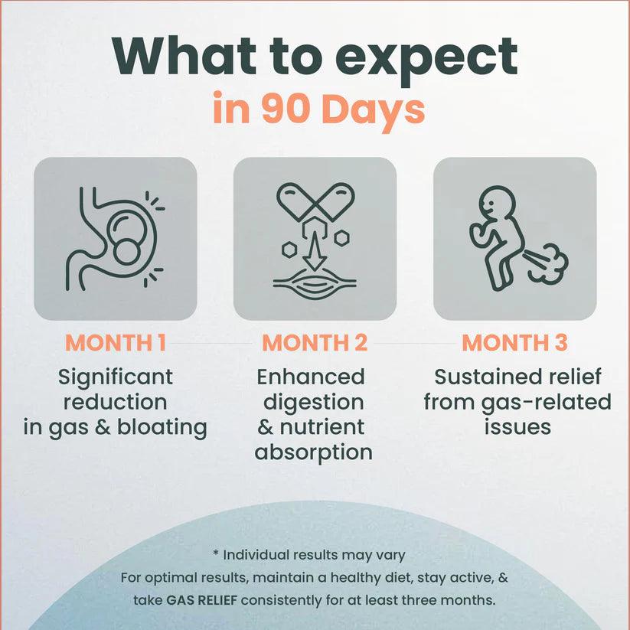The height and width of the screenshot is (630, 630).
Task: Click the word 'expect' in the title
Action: click(x=429, y=60)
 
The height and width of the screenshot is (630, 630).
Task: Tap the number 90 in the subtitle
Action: click(x=286, y=109)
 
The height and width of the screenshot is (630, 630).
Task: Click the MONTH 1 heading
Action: click(x=116, y=343)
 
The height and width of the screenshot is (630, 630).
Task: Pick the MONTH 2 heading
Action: click(x=315, y=343)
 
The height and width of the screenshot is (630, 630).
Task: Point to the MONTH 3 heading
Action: click(x=514, y=343)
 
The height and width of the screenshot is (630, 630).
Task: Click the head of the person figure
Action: click(x=498, y=204)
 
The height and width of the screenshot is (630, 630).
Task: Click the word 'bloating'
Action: click(x=162, y=426)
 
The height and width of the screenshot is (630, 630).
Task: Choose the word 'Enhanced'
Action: click(x=311, y=377)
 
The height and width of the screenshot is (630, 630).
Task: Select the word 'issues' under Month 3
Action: click(x=517, y=426)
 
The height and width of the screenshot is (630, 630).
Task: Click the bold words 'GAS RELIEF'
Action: click(x=201, y=600)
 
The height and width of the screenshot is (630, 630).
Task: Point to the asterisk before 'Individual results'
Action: click(x=216, y=553)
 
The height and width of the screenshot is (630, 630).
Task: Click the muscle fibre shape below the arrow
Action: click(x=315, y=284)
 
